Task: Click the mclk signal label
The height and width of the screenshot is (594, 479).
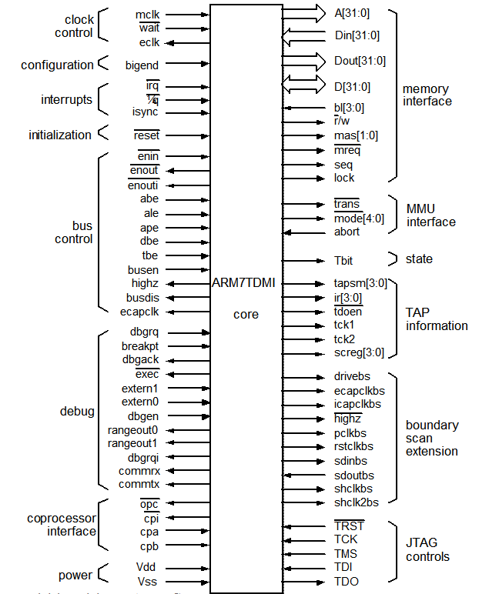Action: tap(146, 14)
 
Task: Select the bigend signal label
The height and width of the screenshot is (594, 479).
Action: tap(142, 65)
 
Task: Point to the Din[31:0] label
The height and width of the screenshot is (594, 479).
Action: tap(357, 35)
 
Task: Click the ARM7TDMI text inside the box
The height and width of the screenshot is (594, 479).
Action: tap(243, 283)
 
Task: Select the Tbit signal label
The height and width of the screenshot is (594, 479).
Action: tap(344, 260)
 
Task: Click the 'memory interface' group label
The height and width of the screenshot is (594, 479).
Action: tap(427, 95)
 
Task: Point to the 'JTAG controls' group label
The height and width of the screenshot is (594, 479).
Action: tap(427, 549)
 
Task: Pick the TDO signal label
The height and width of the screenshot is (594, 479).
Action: tap(347, 582)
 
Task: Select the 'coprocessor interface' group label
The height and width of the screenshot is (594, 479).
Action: tap(62, 524)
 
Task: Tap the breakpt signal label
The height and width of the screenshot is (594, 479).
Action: tap(140, 346)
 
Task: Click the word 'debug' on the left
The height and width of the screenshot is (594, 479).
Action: tap(77, 412)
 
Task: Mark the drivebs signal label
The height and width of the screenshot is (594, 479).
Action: tap(353, 376)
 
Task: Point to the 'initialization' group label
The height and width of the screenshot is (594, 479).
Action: tap(60, 135)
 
